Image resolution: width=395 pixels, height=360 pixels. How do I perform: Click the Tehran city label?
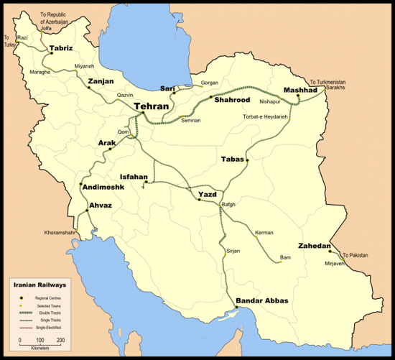152,106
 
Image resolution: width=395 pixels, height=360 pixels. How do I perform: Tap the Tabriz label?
62,48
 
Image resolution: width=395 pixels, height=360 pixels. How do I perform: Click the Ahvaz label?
100,206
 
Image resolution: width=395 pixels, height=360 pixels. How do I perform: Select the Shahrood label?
231,101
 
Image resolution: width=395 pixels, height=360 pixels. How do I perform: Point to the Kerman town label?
264,234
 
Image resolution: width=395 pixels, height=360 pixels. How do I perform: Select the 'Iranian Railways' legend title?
35,285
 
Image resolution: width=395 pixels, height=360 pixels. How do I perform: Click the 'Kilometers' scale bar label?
33,346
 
